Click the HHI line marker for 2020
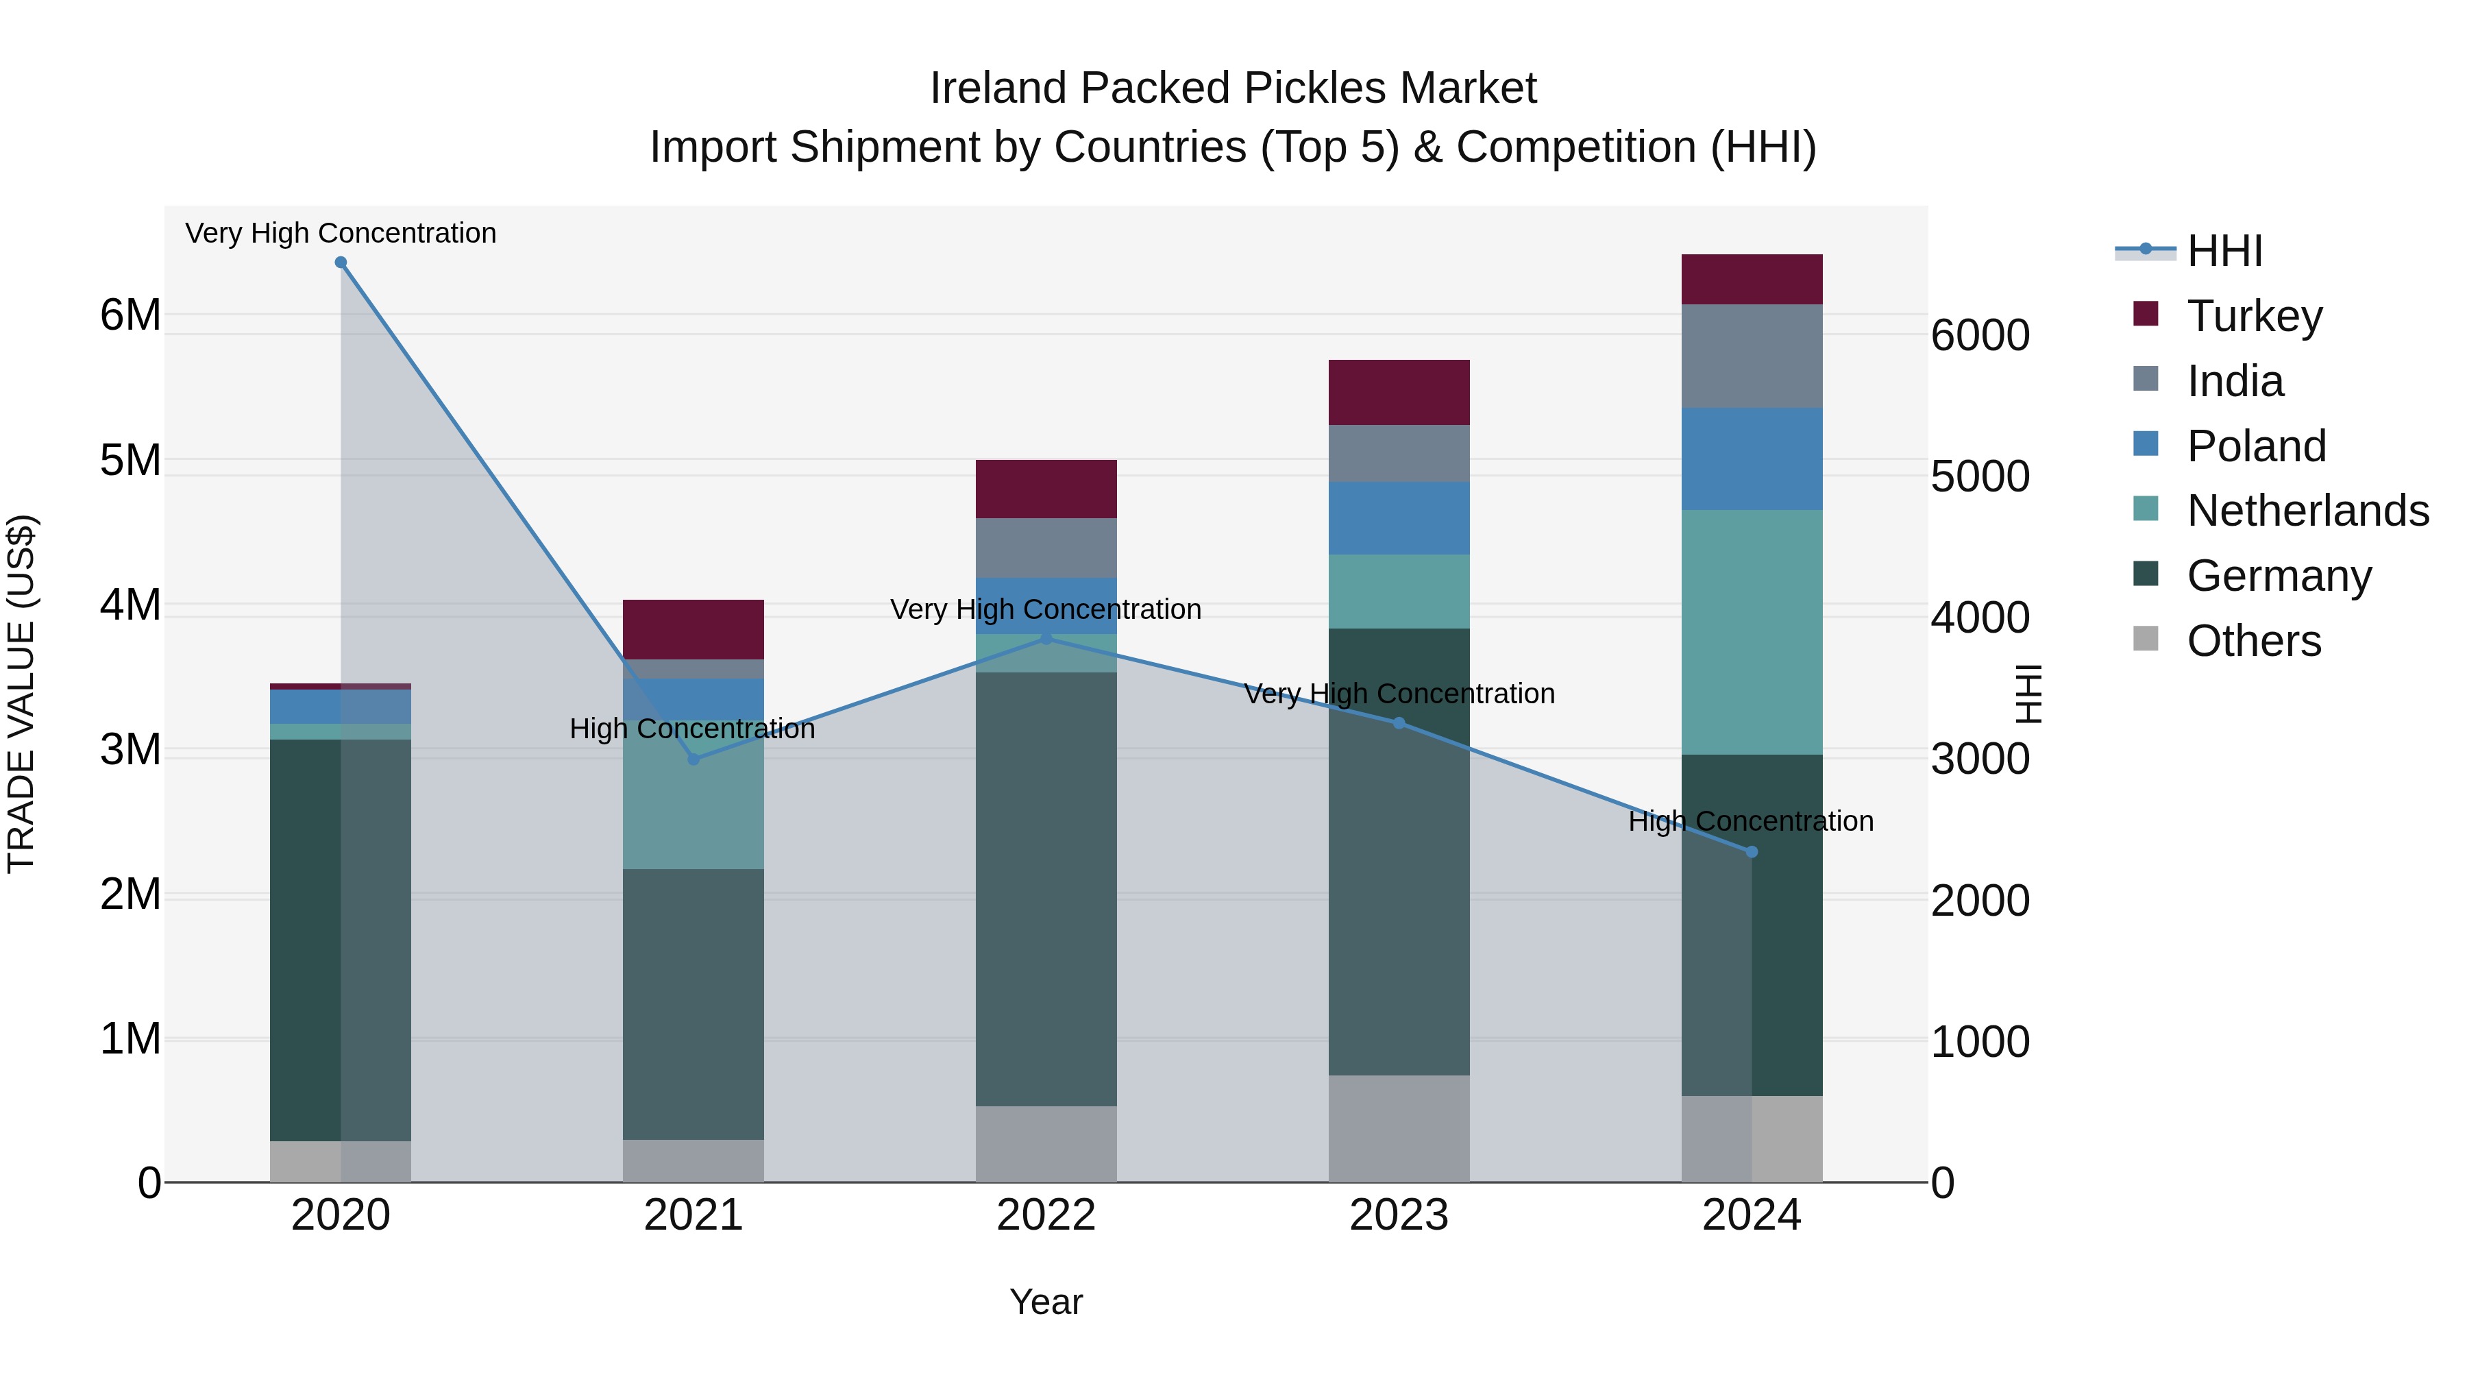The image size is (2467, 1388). point(341,263)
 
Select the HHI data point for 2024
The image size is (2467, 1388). point(1752,851)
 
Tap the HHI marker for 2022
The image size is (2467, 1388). point(1046,638)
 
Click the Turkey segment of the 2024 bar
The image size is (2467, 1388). point(1752,280)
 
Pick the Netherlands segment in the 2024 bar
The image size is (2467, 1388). point(1752,632)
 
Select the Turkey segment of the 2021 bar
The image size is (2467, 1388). point(694,629)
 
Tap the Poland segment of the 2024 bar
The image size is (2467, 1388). point(1752,459)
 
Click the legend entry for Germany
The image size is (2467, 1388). point(2279,576)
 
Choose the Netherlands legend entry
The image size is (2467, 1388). point(2307,511)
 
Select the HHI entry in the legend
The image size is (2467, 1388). point(2224,251)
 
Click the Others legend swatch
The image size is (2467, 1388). point(2146,639)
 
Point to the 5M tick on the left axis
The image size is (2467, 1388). point(131,461)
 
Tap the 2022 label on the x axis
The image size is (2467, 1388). point(1046,1215)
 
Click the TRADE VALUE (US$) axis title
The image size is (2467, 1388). point(21,694)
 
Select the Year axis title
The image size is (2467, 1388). point(1046,1302)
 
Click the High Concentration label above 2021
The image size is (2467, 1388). point(691,729)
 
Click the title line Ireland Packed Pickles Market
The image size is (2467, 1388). point(1233,88)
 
